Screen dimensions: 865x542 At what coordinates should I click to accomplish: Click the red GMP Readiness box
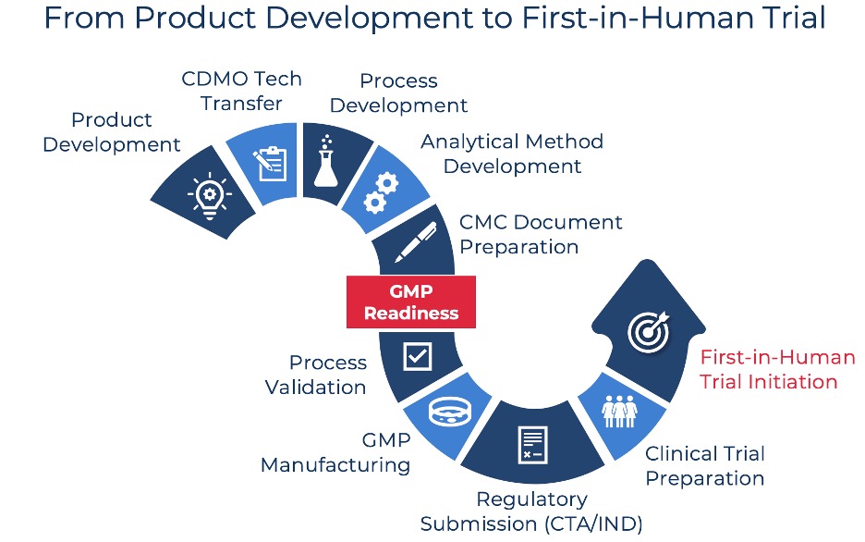coord(411,302)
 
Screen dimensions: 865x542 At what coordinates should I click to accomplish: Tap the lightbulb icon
coord(210,196)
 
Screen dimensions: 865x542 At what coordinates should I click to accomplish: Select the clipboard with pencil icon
coord(270,164)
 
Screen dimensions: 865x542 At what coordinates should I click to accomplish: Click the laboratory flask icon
coord(326,161)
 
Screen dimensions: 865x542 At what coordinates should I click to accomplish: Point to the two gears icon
coord(381,193)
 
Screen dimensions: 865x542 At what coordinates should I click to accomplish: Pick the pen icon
coord(416,242)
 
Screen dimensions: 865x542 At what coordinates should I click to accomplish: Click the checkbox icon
coord(418,356)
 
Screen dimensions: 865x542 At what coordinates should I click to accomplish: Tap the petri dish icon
coord(451,412)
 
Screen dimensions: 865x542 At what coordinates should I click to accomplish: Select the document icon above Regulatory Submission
coord(533,445)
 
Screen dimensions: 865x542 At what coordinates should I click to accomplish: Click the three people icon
coord(619,412)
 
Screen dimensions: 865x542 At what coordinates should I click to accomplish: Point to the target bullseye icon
coord(649,332)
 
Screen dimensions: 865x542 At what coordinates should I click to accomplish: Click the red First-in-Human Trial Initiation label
coord(777,369)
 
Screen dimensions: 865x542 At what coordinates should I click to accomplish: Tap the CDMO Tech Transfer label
coord(241,91)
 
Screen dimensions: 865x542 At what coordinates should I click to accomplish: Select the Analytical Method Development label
coord(512,154)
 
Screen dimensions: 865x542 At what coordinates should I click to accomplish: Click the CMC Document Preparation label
coord(541,235)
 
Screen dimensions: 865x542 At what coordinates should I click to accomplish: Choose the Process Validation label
coord(315,375)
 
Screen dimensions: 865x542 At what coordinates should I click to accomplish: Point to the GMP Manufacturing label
coord(335,452)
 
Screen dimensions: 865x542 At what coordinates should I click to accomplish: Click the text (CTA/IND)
coord(593,524)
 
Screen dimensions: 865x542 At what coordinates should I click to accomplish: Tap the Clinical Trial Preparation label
coord(705,466)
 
